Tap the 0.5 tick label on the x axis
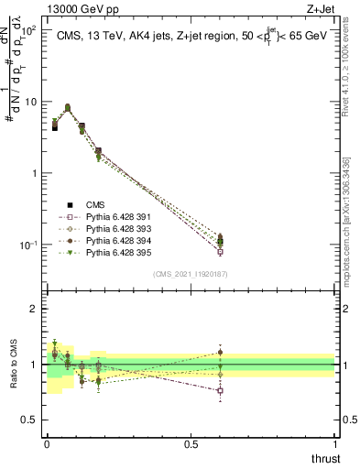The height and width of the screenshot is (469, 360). coord(191,443)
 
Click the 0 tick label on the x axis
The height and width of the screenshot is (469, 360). coord(47,443)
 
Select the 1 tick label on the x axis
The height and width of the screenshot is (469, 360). coord(334,443)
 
